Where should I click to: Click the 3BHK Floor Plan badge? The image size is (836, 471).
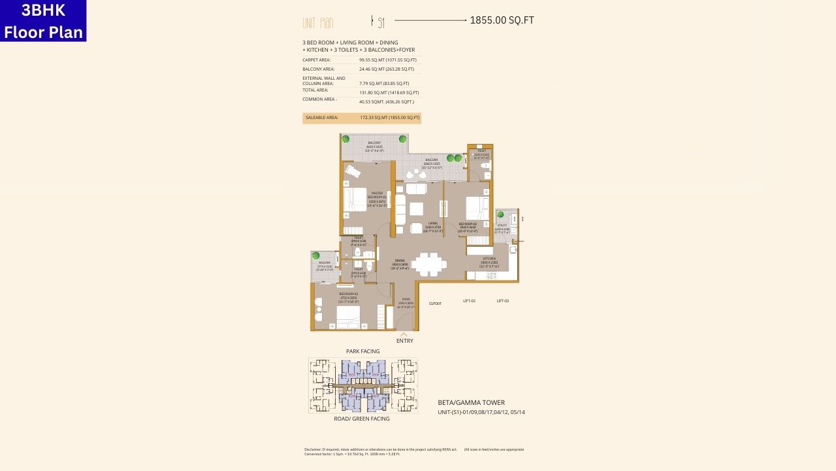(43, 21)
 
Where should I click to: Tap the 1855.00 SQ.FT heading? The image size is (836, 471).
(502, 20)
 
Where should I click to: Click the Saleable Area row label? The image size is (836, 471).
(321, 118)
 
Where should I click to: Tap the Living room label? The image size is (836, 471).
(432, 226)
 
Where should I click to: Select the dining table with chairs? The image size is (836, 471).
(429, 264)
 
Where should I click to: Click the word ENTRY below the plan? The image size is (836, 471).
(404, 341)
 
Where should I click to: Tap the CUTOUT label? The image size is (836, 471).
(435, 304)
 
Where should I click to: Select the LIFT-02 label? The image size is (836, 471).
(469, 301)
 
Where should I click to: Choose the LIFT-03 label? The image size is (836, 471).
(502, 301)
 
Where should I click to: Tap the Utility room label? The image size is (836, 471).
(501, 227)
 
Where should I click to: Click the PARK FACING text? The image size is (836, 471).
(362, 351)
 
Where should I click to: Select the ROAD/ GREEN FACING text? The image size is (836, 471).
(361, 419)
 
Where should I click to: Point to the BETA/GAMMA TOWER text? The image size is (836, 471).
(471, 403)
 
